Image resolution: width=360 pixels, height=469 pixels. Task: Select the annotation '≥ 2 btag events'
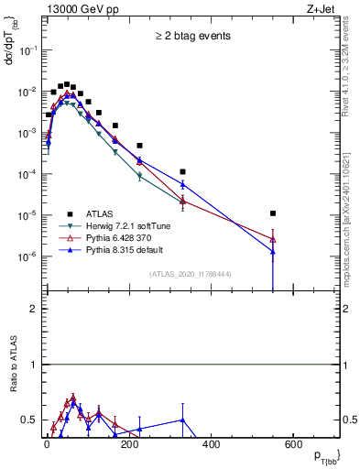click(x=192, y=36)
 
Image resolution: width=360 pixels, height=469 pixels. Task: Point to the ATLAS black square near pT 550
click(x=273, y=213)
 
